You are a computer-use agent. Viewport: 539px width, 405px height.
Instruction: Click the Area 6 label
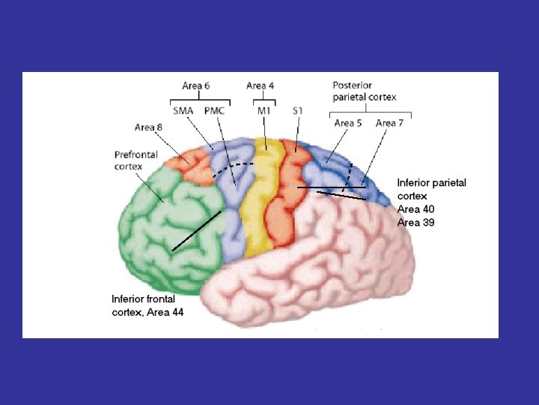click(x=195, y=86)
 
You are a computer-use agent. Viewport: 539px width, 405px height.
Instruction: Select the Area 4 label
click(x=260, y=86)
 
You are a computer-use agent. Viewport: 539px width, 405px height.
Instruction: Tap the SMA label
click(x=183, y=111)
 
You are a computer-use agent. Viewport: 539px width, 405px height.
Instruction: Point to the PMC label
click(x=216, y=111)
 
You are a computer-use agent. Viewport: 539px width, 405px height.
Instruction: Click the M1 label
click(x=264, y=111)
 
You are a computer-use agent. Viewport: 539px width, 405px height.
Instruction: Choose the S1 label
click(x=297, y=111)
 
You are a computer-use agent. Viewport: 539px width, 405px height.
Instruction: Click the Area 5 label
click(x=348, y=123)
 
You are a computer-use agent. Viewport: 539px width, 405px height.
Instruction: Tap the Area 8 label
click(x=148, y=127)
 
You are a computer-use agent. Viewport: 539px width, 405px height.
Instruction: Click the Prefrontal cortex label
click(x=135, y=160)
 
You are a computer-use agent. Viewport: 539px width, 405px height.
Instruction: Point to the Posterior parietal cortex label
click(x=365, y=91)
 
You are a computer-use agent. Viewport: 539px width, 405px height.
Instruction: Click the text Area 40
click(x=415, y=209)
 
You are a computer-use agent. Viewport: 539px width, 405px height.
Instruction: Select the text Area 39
click(x=415, y=223)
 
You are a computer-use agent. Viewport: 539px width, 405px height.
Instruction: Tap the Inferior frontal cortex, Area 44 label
click(x=147, y=305)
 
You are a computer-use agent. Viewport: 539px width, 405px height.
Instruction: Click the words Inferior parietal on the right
click(x=431, y=182)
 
